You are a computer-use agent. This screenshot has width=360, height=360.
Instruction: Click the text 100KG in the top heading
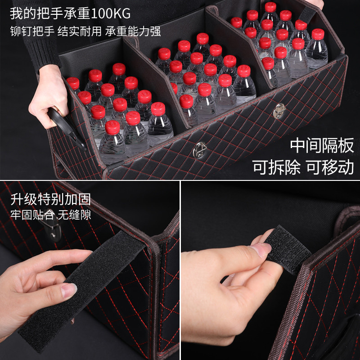(x=111, y=13)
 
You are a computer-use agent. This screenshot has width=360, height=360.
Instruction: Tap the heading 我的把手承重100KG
(x=70, y=13)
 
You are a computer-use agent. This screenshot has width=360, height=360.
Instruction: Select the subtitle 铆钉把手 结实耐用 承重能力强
(x=85, y=31)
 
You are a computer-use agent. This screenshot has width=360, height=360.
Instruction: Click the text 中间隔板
(x=322, y=145)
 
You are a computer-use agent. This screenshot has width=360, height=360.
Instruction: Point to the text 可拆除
(x=276, y=167)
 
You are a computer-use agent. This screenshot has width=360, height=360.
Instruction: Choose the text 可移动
(x=330, y=167)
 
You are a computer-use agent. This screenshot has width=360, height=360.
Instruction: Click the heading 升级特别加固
(x=50, y=199)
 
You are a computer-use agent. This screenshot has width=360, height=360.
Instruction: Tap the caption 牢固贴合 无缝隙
(x=50, y=215)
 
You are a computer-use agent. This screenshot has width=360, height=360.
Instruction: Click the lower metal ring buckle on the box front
(x=199, y=150)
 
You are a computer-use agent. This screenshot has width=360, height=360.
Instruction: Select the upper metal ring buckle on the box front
(x=279, y=111)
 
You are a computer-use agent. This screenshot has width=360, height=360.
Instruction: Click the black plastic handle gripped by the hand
(x=67, y=129)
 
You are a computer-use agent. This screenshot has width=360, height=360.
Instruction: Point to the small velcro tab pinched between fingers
(x=288, y=250)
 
